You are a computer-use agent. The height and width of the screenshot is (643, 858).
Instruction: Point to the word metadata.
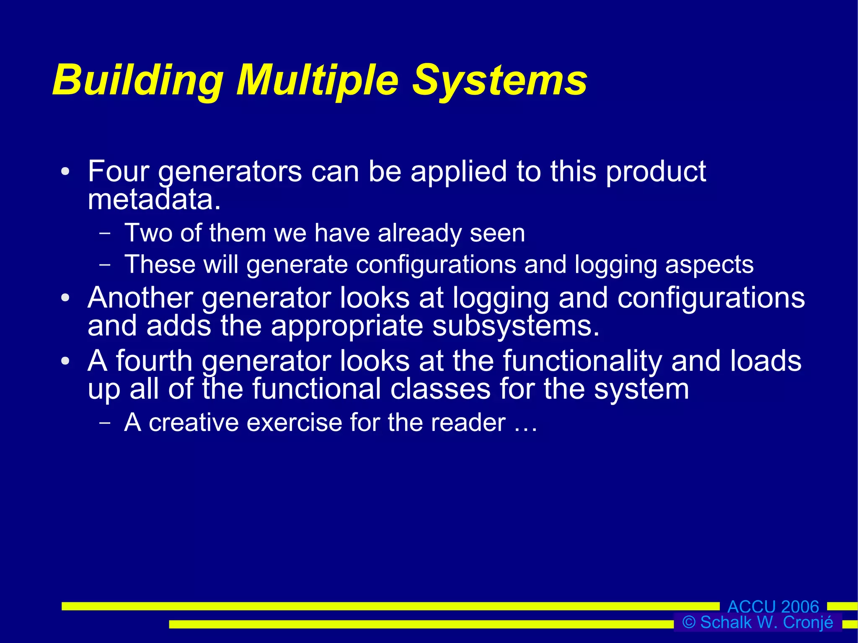154,199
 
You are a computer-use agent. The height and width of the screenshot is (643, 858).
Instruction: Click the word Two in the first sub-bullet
148,233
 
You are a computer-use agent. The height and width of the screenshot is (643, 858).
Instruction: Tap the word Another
140,298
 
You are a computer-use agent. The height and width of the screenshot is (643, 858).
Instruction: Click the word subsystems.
516,326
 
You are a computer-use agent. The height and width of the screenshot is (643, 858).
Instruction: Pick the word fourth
154,361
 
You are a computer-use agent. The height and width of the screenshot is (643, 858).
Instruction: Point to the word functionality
582,361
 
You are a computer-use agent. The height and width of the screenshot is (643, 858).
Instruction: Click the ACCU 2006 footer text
773,607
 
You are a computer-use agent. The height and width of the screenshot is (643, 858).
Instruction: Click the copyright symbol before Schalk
689,622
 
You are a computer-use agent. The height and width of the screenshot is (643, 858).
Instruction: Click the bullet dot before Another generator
65,298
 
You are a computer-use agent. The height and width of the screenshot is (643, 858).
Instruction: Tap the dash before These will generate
105,265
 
